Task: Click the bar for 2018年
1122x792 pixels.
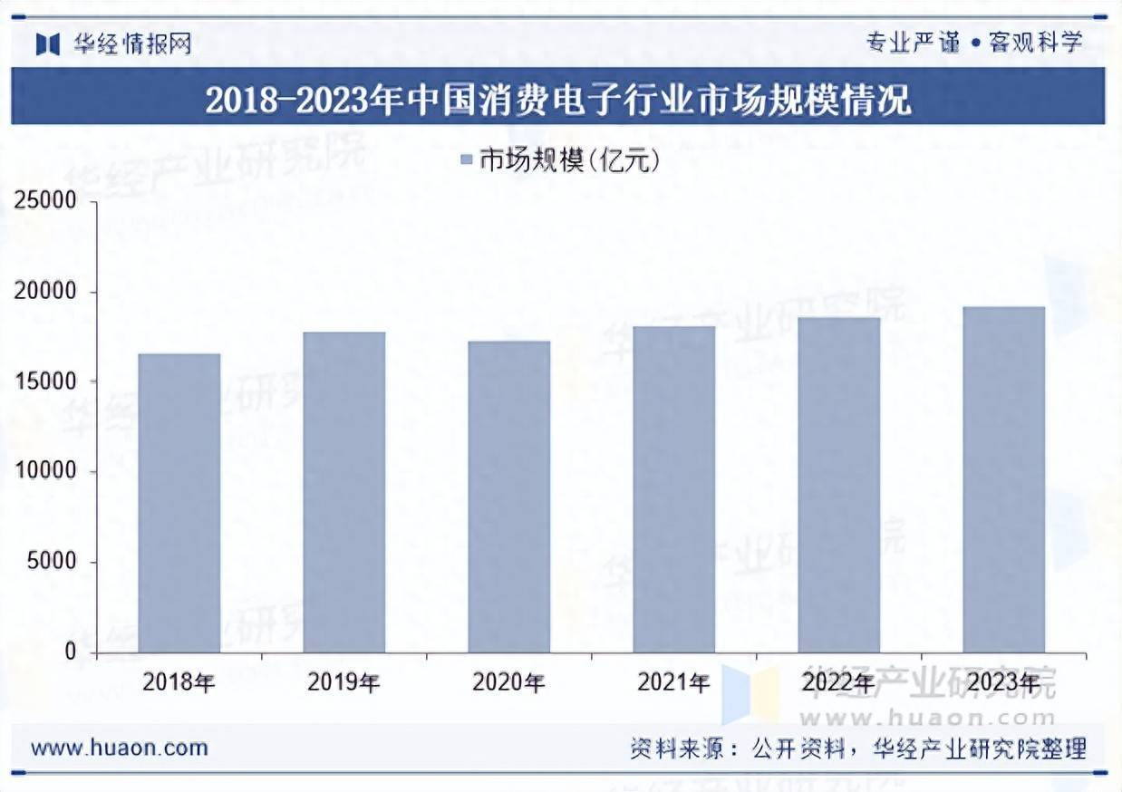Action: [179, 503]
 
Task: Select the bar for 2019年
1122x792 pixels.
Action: [344, 492]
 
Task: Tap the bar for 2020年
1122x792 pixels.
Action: [509, 497]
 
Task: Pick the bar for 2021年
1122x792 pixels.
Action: [674, 489]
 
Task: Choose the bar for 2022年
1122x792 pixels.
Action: [839, 485]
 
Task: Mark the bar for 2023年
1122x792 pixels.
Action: [1004, 479]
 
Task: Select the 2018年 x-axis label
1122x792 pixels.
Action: [179, 682]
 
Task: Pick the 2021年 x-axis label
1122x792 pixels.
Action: [673, 682]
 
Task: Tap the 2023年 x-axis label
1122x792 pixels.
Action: [1003, 682]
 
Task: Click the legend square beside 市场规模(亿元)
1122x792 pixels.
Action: [467, 161]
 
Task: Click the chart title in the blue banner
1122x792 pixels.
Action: [558, 100]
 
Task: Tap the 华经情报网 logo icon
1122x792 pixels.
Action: [48, 43]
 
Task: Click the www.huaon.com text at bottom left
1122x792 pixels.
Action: [120, 749]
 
